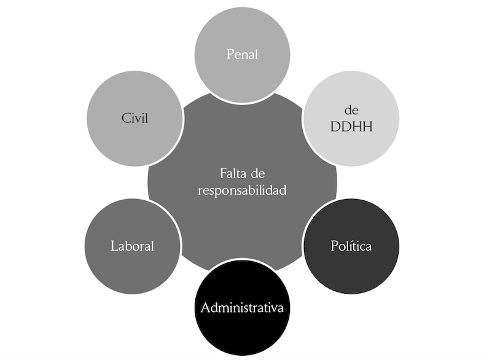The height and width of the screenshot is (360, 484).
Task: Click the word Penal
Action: pos(242,54)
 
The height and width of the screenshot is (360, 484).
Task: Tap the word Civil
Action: pos(135,118)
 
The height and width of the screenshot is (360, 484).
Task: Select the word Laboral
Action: pos(132,247)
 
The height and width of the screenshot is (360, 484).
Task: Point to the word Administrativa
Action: pos(242,307)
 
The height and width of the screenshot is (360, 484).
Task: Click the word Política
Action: pos(351,246)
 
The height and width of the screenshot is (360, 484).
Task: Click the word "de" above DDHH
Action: pos(351,111)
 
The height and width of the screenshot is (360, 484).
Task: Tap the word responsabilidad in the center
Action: pos(242,190)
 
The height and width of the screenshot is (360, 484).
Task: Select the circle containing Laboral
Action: pos(132,270)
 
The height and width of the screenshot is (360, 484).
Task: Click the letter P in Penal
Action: pos(230,54)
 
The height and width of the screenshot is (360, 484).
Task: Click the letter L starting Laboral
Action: pos(114,247)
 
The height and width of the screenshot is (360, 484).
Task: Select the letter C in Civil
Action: pos(124,118)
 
